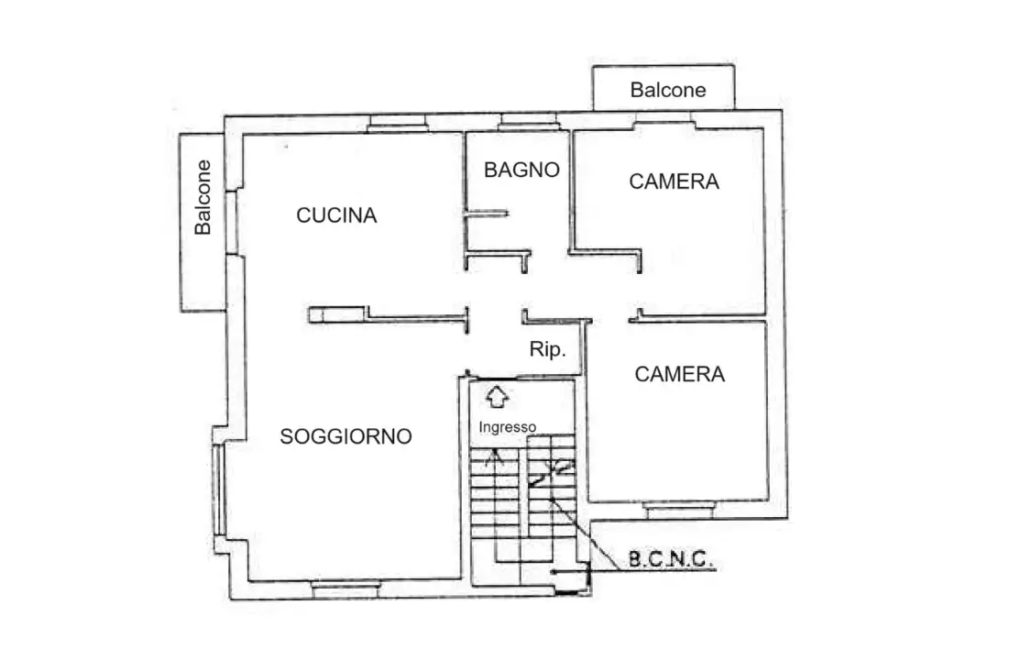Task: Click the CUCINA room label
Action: [x=336, y=215]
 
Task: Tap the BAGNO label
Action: [x=521, y=170]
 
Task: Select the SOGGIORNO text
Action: [x=345, y=437]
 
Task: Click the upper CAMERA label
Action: [x=674, y=181]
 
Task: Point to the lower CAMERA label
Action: [x=679, y=374]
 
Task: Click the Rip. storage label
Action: [x=547, y=349]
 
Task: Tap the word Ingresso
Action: [x=507, y=426]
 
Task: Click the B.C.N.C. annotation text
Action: [x=671, y=560]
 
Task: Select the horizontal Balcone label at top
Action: [x=668, y=90]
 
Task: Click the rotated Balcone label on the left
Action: [x=203, y=197]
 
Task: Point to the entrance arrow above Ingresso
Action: [x=497, y=397]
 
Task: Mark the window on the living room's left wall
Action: [x=218, y=489]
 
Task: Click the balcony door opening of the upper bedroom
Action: [x=664, y=120]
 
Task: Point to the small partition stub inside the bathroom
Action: [x=486, y=214]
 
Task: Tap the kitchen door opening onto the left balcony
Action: [x=233, y=220]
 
